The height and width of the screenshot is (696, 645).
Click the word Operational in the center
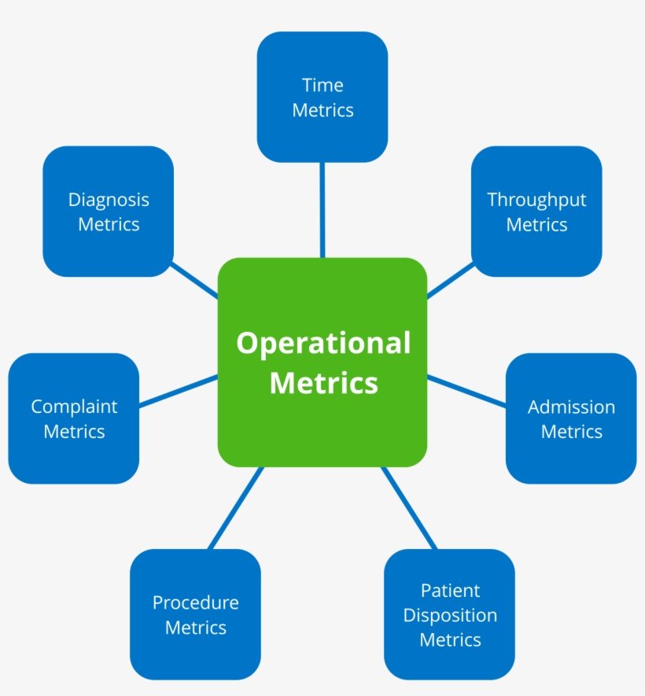(x=323, y=344)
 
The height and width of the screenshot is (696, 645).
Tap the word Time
(x=322, y=85)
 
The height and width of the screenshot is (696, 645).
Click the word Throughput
(x=536, y=200)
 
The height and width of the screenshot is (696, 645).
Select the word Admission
(x=571, y=407)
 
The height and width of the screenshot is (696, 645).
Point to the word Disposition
(x=450, y=615)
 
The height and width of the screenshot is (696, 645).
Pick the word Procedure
(x=195, y=603)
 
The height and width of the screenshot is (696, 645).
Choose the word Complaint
(x=74, y=407)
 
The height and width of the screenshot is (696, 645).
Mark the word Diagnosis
(x=109, y=200)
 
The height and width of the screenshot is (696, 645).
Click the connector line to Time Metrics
(x=322, y=209)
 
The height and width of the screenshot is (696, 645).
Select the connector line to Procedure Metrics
(x=235, y=508)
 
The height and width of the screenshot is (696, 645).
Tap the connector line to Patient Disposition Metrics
(x=408, y=508)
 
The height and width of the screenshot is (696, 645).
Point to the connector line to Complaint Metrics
(x=179, y=391)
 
